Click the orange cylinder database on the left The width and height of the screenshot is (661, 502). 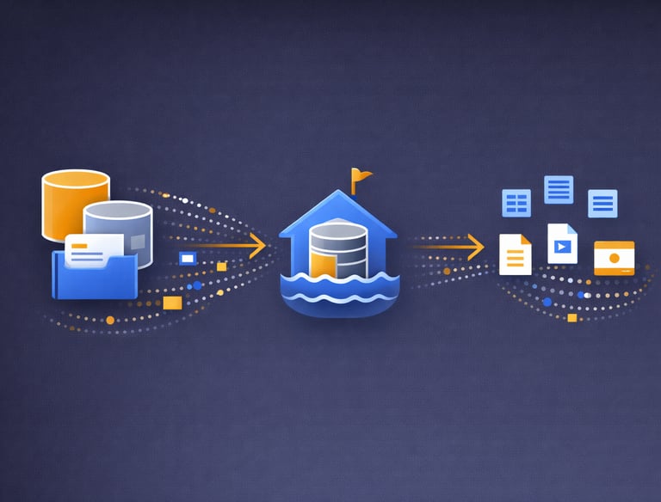pos(76,202)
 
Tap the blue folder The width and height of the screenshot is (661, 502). pos(95,275)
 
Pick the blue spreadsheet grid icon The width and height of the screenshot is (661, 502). pos(516,203)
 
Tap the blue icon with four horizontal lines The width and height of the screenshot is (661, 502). pos(559,188)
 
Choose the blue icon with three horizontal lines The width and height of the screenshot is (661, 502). pos(602,204)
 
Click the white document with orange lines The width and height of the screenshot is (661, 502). pos(515,254)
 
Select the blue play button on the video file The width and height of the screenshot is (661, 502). pos(563,247)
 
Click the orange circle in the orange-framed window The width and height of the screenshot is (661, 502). pos(614,257)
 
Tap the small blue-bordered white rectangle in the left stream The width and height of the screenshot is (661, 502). pos(187,257)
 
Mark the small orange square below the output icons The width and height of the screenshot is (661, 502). pos(572,318)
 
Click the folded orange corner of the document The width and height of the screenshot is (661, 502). pos(526,239)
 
